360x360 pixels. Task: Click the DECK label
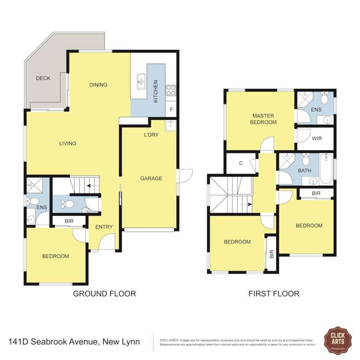[43, 78]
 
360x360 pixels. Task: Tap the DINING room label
[98, 85]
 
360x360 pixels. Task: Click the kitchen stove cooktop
[171, 90]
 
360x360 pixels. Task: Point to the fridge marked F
[171, 110]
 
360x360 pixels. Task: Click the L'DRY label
[151, 135]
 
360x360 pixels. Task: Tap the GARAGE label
[151, 179]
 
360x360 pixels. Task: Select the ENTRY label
[104, 227]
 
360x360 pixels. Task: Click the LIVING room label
[68, 144]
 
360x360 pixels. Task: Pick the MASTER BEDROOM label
[263, 119]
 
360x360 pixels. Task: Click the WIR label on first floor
[316, 139]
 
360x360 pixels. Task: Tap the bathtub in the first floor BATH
[326, 169]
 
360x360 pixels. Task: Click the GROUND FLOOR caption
[104, 294]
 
